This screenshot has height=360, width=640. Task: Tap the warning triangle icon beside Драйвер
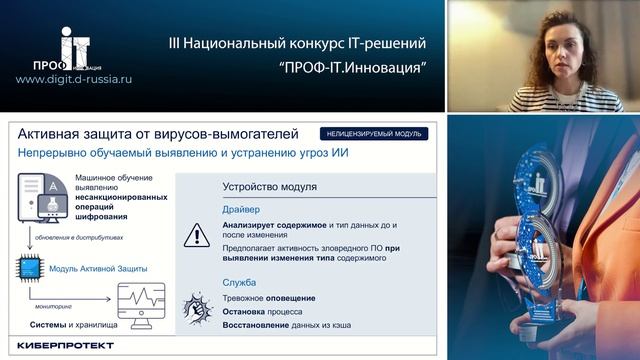(x=196, y=235)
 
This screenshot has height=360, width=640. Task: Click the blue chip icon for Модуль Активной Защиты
(x=29, y=268)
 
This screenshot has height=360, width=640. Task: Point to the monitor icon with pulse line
(x=141, y=303)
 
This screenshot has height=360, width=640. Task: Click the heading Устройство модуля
(x=269, y=186)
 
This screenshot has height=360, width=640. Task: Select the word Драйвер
(x=241, y=210)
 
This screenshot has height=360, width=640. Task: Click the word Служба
(x=240, y=282)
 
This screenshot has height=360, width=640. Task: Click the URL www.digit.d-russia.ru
(x=74, y=78)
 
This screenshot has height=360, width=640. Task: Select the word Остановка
(x=250, y=312)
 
